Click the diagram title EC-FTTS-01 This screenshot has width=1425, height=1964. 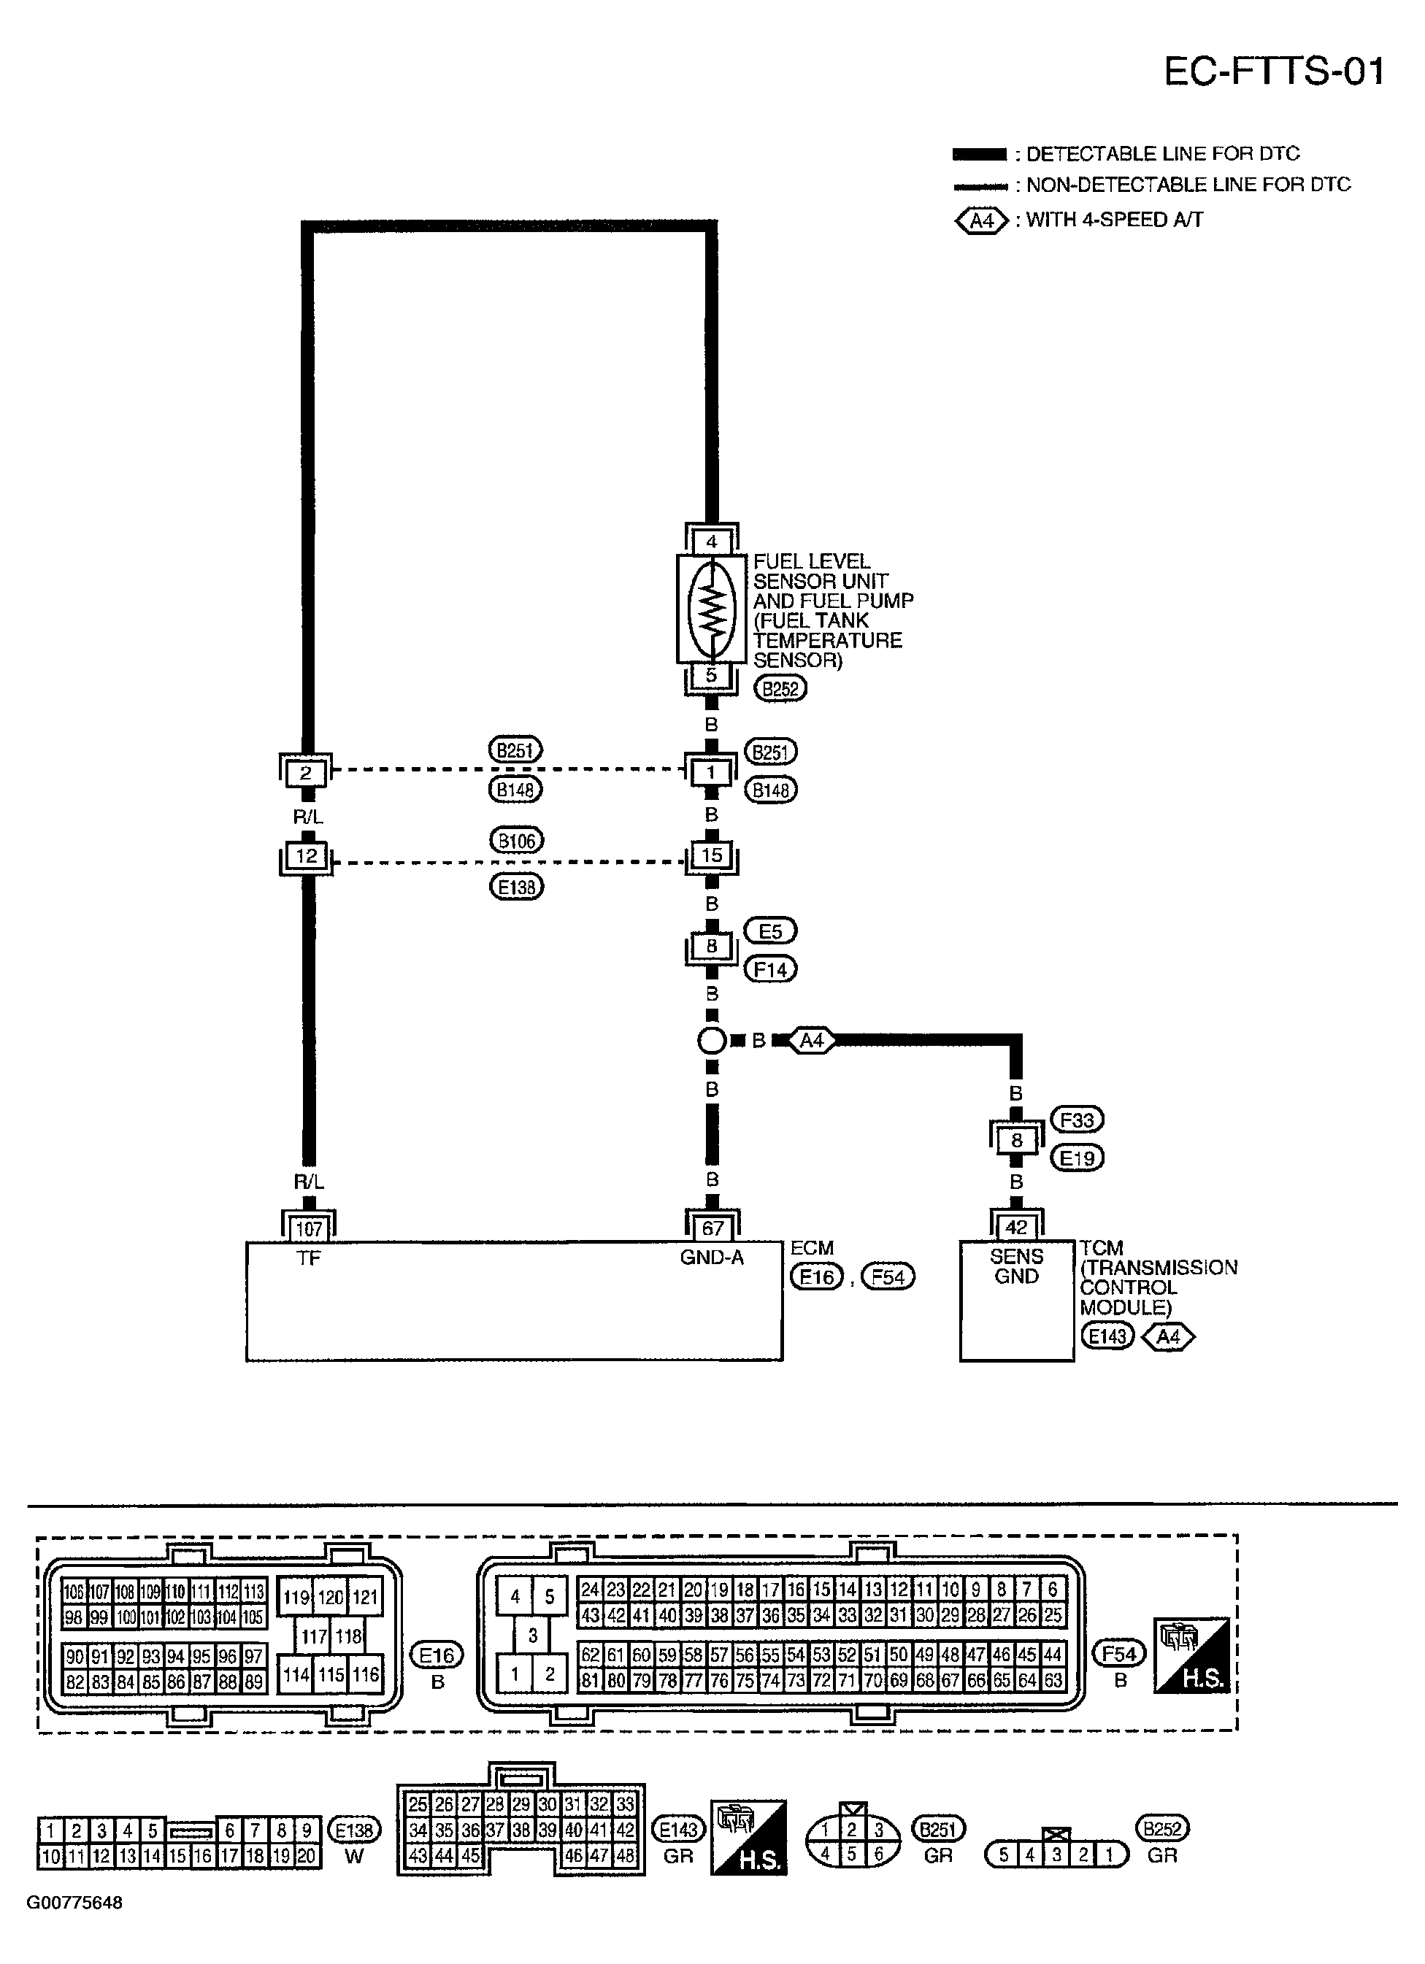coord(1273,71)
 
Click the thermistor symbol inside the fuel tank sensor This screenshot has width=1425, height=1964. coord(711,609)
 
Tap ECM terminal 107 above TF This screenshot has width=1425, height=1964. coord(308,1228)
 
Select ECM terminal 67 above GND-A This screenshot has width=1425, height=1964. coord(711,1228)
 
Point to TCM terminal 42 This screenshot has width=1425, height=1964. coord(1016,1227)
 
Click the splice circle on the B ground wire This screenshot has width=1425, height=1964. coord(711,1040)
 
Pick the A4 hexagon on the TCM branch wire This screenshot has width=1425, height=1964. coord(812,1040)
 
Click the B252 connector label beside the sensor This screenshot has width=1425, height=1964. coord(780,688)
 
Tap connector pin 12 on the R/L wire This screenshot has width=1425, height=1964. coord(306,855)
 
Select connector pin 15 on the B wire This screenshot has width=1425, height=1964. coord(711,855)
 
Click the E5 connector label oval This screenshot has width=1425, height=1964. coord(770,931)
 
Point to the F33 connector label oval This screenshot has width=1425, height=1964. coord(1077,1120)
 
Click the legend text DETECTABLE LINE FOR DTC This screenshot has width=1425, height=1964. coord(1162,154)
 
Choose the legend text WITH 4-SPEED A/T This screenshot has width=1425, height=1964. coord(1114,220)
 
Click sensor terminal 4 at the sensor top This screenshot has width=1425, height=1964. coord(711,542)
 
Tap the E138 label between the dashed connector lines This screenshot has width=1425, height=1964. coord(516,887)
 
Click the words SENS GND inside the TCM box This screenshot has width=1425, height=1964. coord(1016,1266)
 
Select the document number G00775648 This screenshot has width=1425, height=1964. coord(74,1927)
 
